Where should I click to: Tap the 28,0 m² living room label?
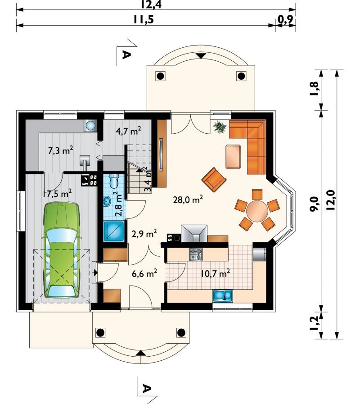[188, 199]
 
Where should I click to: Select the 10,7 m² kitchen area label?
[215, 273]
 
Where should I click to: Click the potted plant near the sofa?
[220, 127]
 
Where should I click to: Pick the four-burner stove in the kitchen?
[196, 254]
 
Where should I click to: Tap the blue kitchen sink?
[222, 295]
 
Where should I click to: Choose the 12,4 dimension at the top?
[151, 4]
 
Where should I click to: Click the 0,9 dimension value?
[286, 19]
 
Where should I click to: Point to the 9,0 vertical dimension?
[315, 204]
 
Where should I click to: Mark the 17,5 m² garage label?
[57, 194]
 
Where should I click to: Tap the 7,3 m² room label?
[61, 150]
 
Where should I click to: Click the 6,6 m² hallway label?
[144, 273]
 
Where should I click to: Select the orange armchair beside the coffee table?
[214, 180]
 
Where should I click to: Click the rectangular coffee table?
[233, 157]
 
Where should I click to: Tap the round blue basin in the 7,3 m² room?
[90, 126]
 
